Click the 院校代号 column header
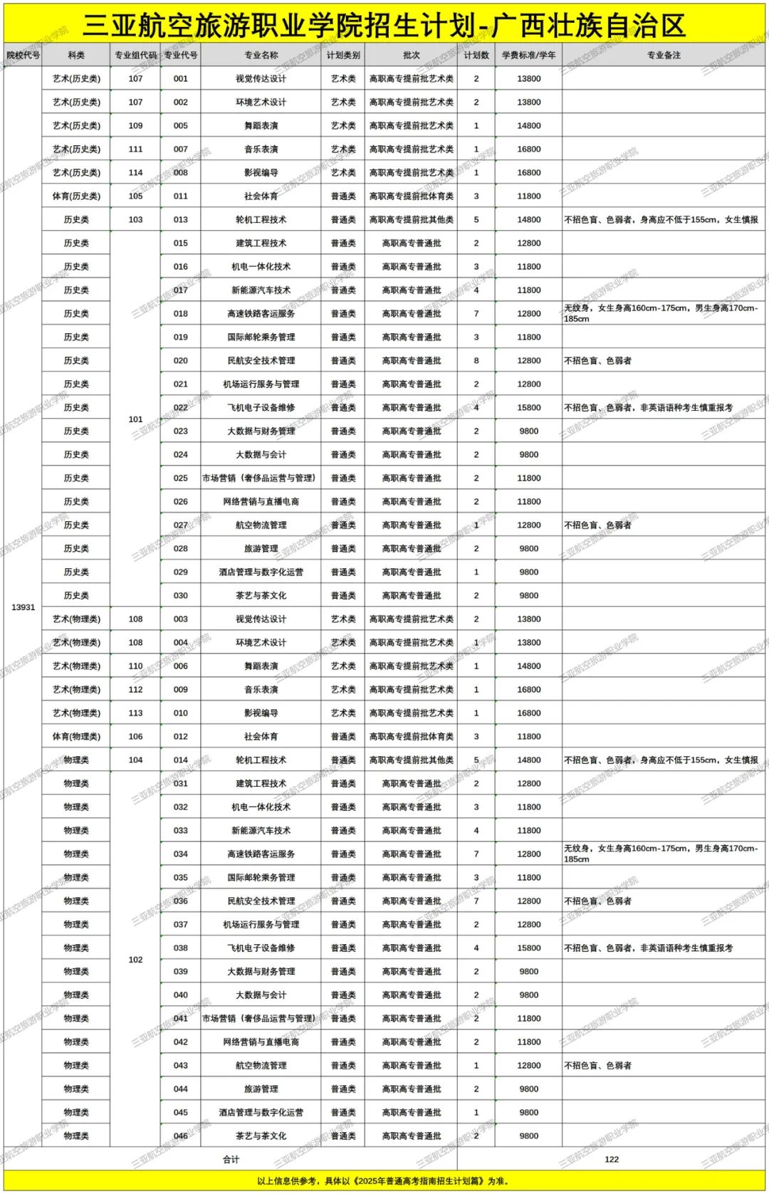[23, 55]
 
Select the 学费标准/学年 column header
[528, 55]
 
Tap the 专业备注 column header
[663, 55]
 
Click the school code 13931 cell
[23, 607]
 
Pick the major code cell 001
[181, 79]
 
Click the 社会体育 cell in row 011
[261, 197]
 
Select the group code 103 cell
[135, 220]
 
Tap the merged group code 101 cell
[135, 419]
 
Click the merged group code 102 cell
[135, 960]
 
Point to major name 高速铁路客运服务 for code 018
[261, 314]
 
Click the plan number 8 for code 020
[476, 361]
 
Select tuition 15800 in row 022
[528, 408]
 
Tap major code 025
[181, 478]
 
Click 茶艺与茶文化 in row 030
[261, 596]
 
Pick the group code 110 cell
[135, 666]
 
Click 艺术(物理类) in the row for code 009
[76, 690]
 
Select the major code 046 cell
[181, 1136]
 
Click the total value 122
[611, 1160]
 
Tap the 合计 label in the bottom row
[231, 1160]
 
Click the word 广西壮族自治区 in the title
[588, 26]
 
